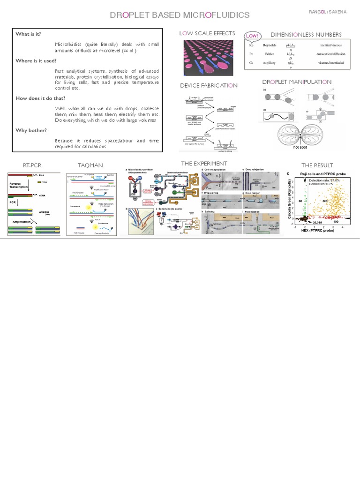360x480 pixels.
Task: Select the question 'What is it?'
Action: (29, 34)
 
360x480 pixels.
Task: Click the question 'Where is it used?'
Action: (36, 61)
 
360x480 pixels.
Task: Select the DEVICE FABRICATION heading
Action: (209, 86)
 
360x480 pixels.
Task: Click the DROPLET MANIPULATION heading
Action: (297, 82)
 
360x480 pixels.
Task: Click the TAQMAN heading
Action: (91, 165)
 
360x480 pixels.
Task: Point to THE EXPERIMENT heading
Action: (204, 163)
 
